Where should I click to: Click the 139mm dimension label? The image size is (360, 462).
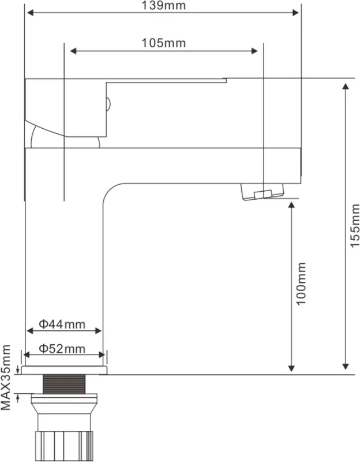[164, 5]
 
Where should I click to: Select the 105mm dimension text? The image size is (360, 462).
[164, 43]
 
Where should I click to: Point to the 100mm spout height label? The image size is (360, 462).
[301, 284]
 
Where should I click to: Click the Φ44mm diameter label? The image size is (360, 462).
[62, 324]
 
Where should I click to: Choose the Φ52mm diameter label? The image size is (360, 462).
[62, 349]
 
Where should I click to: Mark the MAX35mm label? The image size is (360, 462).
[6, 378]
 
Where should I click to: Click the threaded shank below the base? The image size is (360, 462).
[64, 384]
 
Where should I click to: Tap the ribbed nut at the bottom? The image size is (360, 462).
[64, 446]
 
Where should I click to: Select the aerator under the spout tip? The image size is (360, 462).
[262, 192]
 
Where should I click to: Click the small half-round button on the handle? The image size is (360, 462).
[108, 104]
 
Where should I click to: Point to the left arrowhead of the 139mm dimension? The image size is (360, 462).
[30, 12]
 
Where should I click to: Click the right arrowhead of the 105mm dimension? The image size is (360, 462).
[254, 51]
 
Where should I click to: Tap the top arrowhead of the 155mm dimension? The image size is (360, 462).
[346, 86]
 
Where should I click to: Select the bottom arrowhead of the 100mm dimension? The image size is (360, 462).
[291, 368]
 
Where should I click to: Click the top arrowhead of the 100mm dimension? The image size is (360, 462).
[291, 206]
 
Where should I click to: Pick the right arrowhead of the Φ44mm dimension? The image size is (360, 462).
[99, 330]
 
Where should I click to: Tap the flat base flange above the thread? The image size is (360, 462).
[64, 370]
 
